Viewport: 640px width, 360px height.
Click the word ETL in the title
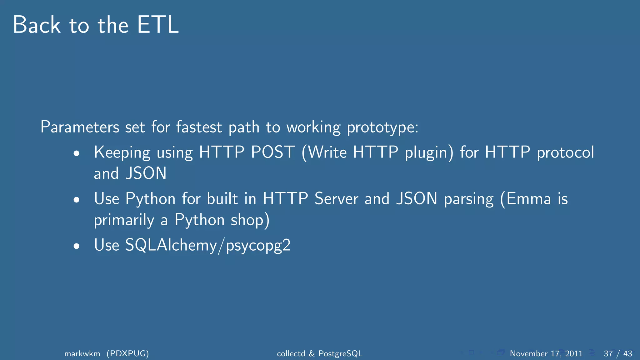click(158, 25)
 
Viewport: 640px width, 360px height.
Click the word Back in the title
click(37, 25)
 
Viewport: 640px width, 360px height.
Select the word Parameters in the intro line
click(80, 127)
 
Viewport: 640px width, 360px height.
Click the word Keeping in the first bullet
click(122, 152)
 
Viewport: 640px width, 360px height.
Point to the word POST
click(273, 152)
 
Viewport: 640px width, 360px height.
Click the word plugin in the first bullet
click(429, 152)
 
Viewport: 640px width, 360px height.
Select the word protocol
click(565, 152)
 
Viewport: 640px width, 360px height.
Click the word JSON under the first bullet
click(146, 173)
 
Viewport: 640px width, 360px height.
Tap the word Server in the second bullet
click(336, 199)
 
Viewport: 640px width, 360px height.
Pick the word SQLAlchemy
click(171, 245)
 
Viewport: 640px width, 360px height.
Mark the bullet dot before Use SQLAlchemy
click(77, 246)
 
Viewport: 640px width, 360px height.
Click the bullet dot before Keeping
click(77, 153)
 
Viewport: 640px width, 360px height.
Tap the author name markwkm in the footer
click(82, 353)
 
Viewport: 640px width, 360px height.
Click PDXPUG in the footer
click(127, 353)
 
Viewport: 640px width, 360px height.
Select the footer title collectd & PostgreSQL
click(320, 353)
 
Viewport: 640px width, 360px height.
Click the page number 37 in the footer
click(608, 353)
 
